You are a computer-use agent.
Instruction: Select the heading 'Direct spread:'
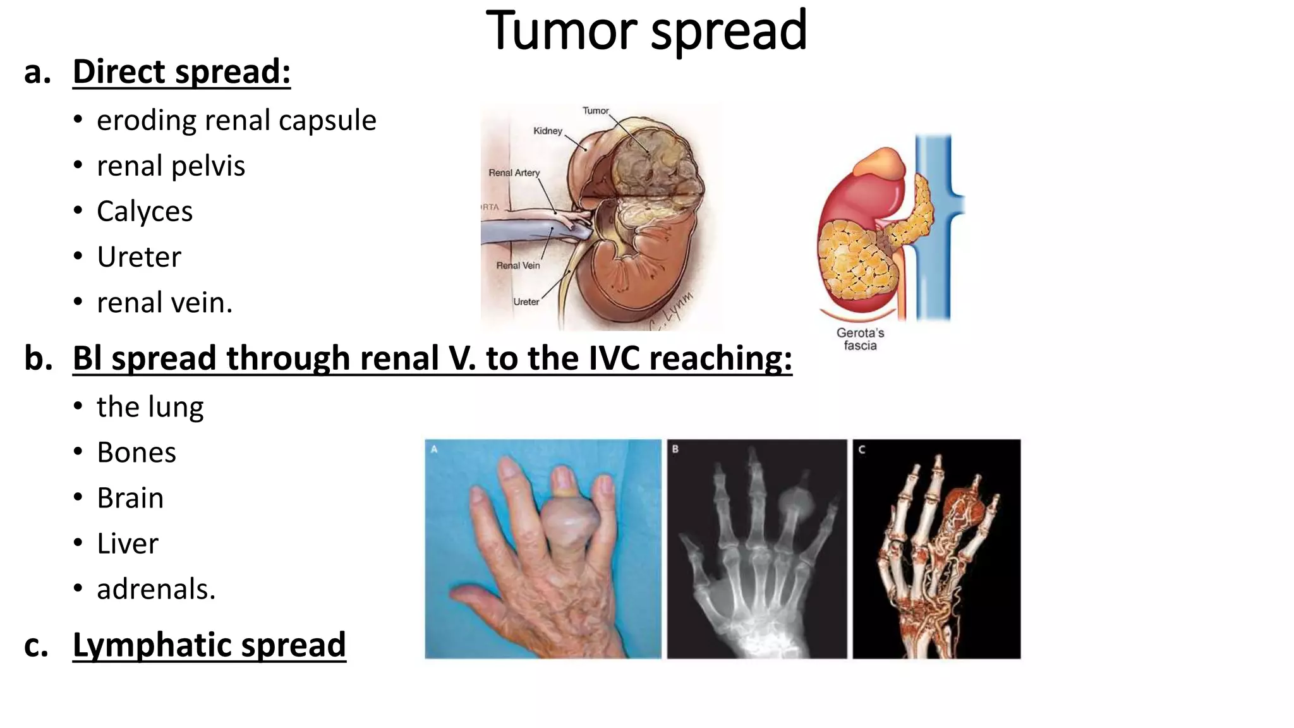click(181, 71)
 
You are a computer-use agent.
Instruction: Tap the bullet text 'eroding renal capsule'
click(236, 120)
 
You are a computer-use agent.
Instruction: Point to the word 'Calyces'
click(145, 211)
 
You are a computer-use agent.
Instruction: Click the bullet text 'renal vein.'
click(164, 303)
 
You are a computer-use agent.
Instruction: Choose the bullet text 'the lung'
click(150, 407)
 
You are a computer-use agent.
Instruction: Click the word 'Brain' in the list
click(130, 498)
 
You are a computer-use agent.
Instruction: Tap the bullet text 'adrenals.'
click(156, 589)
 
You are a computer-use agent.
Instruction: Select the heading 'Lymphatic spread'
click(209, 645)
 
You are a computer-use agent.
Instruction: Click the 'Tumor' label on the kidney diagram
click(595, 111)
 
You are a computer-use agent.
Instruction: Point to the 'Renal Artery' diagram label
click(514, 173)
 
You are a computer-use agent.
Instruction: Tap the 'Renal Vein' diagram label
click(517, 265)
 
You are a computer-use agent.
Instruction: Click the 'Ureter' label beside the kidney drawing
click(526, 302)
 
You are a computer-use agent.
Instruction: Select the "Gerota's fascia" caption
click(860, 339)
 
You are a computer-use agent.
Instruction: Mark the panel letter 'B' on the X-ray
click(675, 449)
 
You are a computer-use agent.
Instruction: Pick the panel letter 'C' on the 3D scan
click(861, 449)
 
